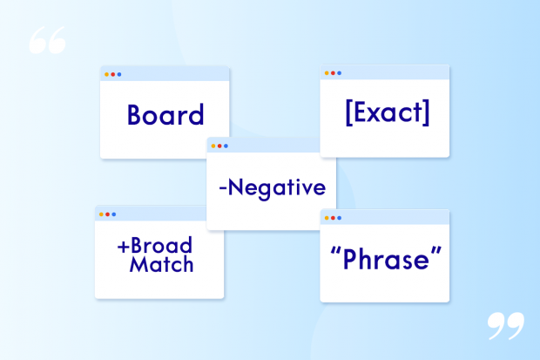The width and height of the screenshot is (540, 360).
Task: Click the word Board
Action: pyautogui.click(x=165, y=114)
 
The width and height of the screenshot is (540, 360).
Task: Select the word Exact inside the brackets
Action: pyautogui.click(x=388, y=112)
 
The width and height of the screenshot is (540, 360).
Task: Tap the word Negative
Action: pyautogui.click(x=277, y=188)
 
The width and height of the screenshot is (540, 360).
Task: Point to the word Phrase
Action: pyautogui.click(x=386, y=259)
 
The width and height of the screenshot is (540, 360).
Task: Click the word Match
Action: pyautogui.click(x=161, y=264)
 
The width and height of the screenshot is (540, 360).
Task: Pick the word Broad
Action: pyautogui.click(x=161, y=246)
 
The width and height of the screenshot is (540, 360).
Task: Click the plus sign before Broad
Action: pyautogui.click(x=123, y=247)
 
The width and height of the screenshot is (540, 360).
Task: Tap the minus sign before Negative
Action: pyautogui.click(x=222, y=188)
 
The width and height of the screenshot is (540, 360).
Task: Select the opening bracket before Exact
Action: pyautogui.click(x=348, y=112)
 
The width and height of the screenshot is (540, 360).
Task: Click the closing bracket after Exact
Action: pyautogui.click(x=427, y=112)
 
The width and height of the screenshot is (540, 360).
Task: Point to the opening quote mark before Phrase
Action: pyautogui.click(x=335, y=251)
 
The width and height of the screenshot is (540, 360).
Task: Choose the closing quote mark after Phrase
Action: pyautogui.click(x=436, y=251)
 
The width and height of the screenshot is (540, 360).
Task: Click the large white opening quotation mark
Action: pyautogui.click(x=47, y=40)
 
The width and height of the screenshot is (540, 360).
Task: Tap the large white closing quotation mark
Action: pyautogui.click(x=505, y=326)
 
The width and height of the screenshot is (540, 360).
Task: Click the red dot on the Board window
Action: pyautogui.click(x=112, y=74)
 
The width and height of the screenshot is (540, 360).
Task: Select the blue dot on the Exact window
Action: pyautogui.click(x=339, y=72)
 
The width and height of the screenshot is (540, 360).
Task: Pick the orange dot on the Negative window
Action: pyautogui.click(x=213, y=146)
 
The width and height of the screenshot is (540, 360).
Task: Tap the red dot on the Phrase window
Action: pyautogui.click(x=333, y=218)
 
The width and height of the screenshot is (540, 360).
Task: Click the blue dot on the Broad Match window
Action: pyautogui.click(x=113, y=214)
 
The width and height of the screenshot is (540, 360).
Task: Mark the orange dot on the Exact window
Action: pyautogui.click(x=327, y=72)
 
